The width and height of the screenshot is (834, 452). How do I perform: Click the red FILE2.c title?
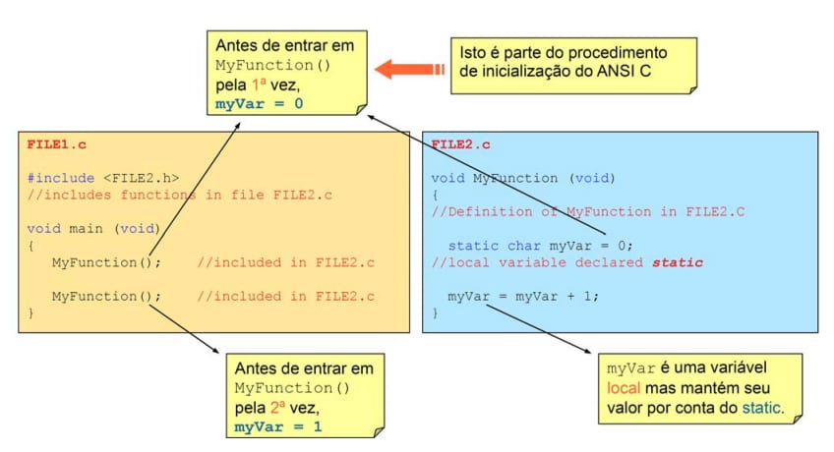tap(460, 144)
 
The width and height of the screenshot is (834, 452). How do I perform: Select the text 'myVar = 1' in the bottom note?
tap(277, 426)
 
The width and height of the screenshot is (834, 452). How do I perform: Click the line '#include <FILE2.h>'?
tap(103, 178)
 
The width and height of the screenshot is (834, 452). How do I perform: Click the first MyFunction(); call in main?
tap(106, 262)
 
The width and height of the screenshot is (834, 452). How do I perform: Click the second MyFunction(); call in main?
tap(106, 296)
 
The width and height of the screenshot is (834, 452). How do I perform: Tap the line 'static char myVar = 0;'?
tap(540, 246)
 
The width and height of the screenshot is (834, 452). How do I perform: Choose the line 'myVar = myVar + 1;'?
tap(522, 296)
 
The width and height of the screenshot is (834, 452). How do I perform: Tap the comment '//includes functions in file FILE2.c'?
tap(179, 195)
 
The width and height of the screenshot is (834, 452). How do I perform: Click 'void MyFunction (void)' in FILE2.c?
tap(522, 178)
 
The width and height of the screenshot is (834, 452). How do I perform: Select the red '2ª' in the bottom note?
tap(282, 407)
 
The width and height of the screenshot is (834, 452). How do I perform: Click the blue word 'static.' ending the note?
tap(761, 407)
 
